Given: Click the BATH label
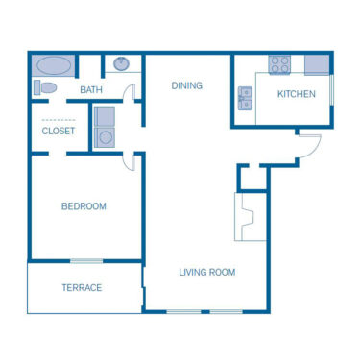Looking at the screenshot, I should (91, 90).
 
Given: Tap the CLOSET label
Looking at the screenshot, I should (59, 132).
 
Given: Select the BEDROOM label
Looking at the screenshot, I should (84, 206).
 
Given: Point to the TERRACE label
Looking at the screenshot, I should (82, 287).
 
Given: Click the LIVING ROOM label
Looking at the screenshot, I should (206, 272).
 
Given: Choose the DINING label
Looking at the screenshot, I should (187, 85).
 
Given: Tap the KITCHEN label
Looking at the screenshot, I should (296, 94).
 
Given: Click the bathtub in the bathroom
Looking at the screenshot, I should (54, 66).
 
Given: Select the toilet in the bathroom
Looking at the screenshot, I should (46, 88).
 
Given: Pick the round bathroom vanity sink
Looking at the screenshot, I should (121, 64).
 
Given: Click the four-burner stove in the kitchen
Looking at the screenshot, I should (279, 64).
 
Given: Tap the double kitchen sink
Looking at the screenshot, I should (246, 98).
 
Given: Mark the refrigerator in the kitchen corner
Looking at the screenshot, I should (317, 64).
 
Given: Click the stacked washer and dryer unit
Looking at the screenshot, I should (105, 126).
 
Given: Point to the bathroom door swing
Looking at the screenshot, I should (130, 94).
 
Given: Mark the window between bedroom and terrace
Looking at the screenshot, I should (86, 260).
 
